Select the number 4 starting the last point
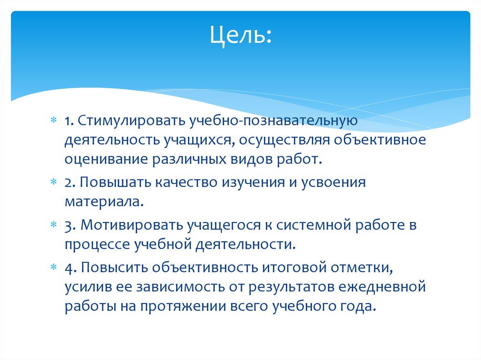(x=68, y=267)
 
